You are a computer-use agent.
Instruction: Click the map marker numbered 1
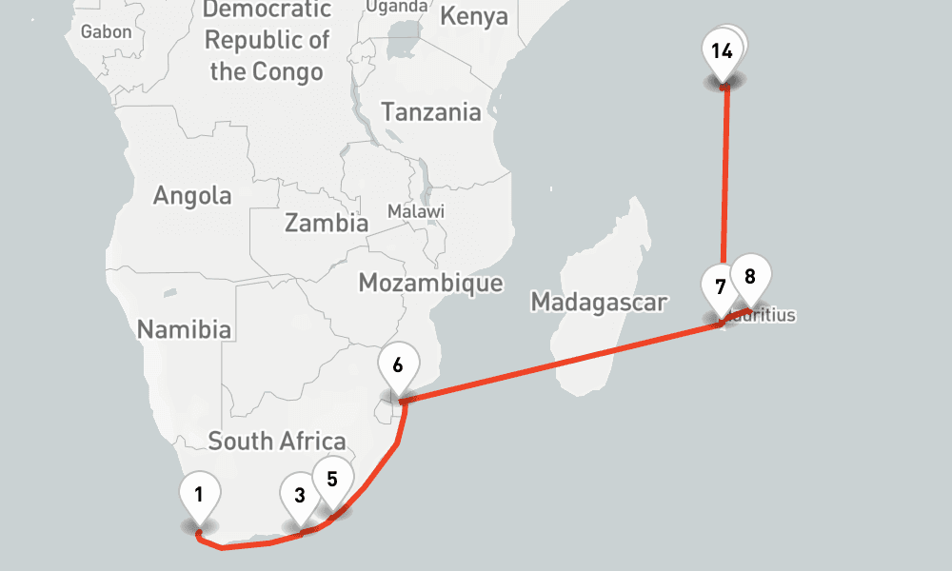pos(200,495)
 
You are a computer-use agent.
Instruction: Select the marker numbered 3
pos(300,495)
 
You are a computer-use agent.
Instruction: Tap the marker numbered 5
pos(332,479)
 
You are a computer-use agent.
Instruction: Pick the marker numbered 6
pos(398,364)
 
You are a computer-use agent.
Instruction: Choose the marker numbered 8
pos(750,277)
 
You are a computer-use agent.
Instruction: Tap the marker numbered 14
pos(722,50)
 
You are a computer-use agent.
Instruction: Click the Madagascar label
pos(599,303)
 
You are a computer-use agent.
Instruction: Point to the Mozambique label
pos(430,283)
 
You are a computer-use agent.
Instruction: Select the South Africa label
pos(277,441)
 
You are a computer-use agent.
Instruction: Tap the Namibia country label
pos(185,329)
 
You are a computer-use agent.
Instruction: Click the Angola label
pos(192,196)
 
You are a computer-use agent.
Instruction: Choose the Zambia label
pos(327,224)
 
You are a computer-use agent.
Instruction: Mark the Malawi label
pos(416,210)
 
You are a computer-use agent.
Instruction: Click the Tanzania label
pos(431,111)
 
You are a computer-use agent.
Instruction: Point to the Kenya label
pos(474,17)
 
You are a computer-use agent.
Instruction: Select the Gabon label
pos(107,31)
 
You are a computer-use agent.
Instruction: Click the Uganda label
pos(397,7)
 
